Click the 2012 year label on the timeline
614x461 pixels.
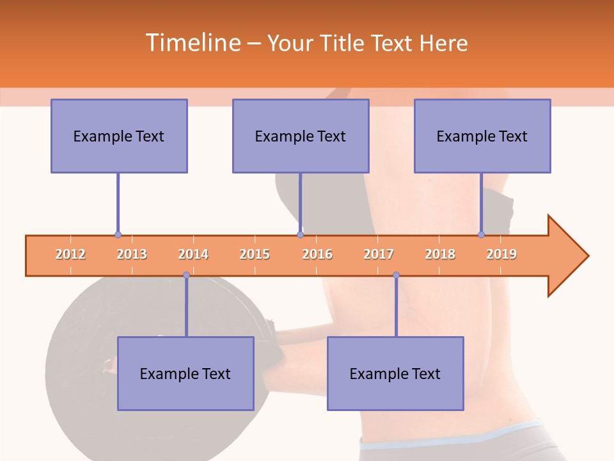click(x=70, y=254)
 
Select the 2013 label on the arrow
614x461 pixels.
click(x=132, y=254)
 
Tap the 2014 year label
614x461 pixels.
click(x=193, y=254)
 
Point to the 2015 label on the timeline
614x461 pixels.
click(x=255, y=254)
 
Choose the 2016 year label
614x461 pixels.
click(x=317, y=254)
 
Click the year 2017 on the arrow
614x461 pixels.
click(x=379, y=254)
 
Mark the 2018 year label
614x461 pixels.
click(x=440, y=254)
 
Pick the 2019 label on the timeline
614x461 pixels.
click(x=501, y=254)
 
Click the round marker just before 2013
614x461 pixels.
click(x=118, y=235)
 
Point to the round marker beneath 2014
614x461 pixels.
click(x=186, y=275)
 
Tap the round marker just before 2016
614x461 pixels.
click(x=300, y=235)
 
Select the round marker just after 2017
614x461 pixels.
click(x=396, y=275)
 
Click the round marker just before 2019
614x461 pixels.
click(x=481, y=235)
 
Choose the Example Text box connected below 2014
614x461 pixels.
click(x=185, y=373)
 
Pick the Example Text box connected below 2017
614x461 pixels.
click(x=395, y=373)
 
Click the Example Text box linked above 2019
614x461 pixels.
click(x=482, y=136)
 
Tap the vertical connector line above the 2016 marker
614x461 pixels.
click(x=300, y=204)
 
